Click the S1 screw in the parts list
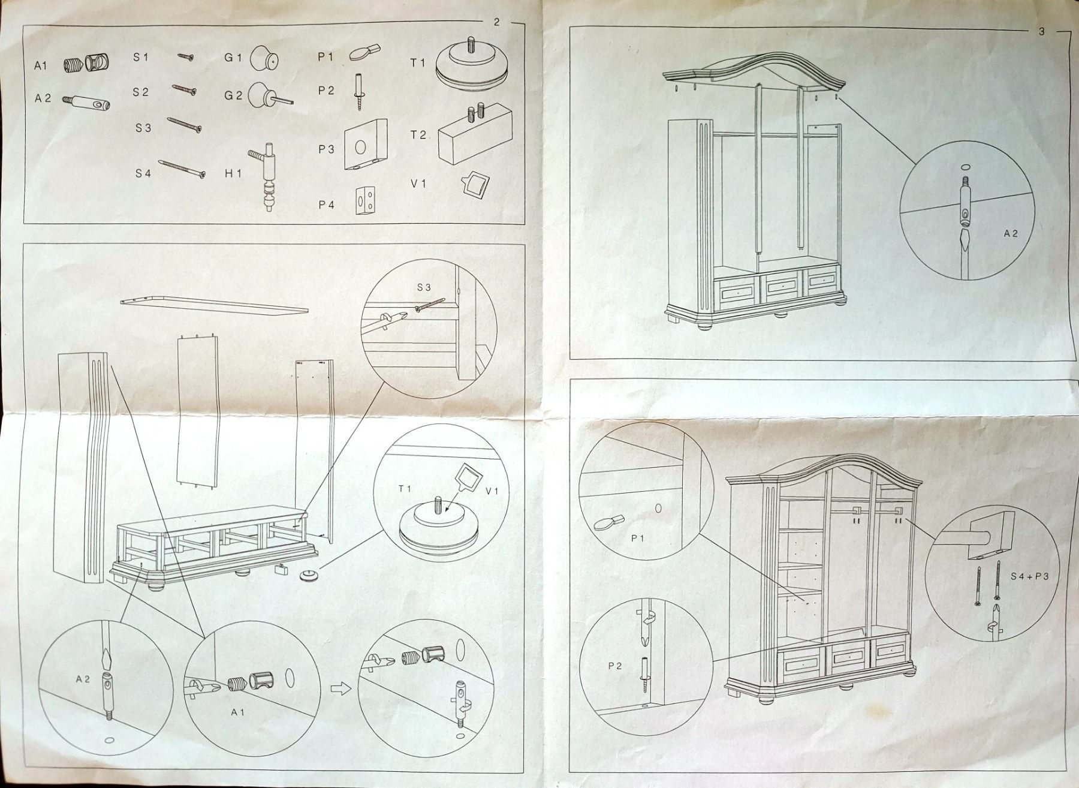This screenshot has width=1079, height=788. [185, 57]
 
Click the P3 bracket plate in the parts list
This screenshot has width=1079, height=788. [366, 145]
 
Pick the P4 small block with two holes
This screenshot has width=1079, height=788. [367, 200]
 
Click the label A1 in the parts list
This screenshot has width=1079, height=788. [40, 66]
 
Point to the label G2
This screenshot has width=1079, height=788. [233, 95]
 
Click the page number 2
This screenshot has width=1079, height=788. [496, 23]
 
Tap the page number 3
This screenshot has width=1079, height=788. [1041, 32]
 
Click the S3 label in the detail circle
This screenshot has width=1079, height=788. [424, 287]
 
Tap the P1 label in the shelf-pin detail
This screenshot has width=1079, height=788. [638, 538]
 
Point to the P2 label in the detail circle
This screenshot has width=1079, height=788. [614, 666]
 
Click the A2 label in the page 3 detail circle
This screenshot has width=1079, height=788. [1011, 233]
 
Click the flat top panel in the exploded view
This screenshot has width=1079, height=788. [214, 305]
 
